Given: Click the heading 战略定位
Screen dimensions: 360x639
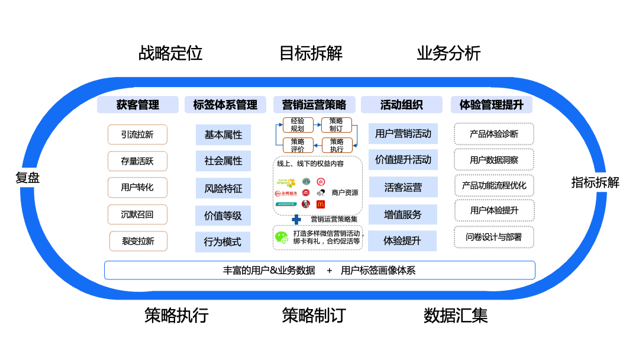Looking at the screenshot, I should [170, 53].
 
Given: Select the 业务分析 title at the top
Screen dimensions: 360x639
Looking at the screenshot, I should [448, 53].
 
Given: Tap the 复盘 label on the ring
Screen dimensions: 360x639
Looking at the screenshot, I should [27, 178].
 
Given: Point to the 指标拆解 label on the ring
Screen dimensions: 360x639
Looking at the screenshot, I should [595, 182].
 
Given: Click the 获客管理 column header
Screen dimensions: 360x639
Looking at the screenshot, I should [137, 105].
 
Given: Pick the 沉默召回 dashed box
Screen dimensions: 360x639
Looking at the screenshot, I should [137, 214].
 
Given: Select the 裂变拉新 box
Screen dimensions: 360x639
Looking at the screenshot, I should [138, 241].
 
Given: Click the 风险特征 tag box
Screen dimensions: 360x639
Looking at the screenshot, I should [223, 189].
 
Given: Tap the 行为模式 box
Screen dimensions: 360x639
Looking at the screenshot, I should [223, 242].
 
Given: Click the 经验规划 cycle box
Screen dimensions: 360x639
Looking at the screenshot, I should [298, 125].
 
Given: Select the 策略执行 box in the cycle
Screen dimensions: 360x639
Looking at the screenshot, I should [337, 145].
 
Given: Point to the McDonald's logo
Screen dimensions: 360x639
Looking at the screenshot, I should [321, 204].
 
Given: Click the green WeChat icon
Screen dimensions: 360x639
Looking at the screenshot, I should [281, 237].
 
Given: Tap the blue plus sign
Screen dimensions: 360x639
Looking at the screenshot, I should [296, 219].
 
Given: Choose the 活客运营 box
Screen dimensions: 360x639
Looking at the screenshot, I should [403, 188].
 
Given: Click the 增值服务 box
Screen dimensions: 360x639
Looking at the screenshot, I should [403, 214].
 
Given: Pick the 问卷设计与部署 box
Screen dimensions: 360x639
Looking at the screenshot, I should [493, 237].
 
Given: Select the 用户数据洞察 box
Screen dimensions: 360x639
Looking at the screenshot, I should [493, 160].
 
